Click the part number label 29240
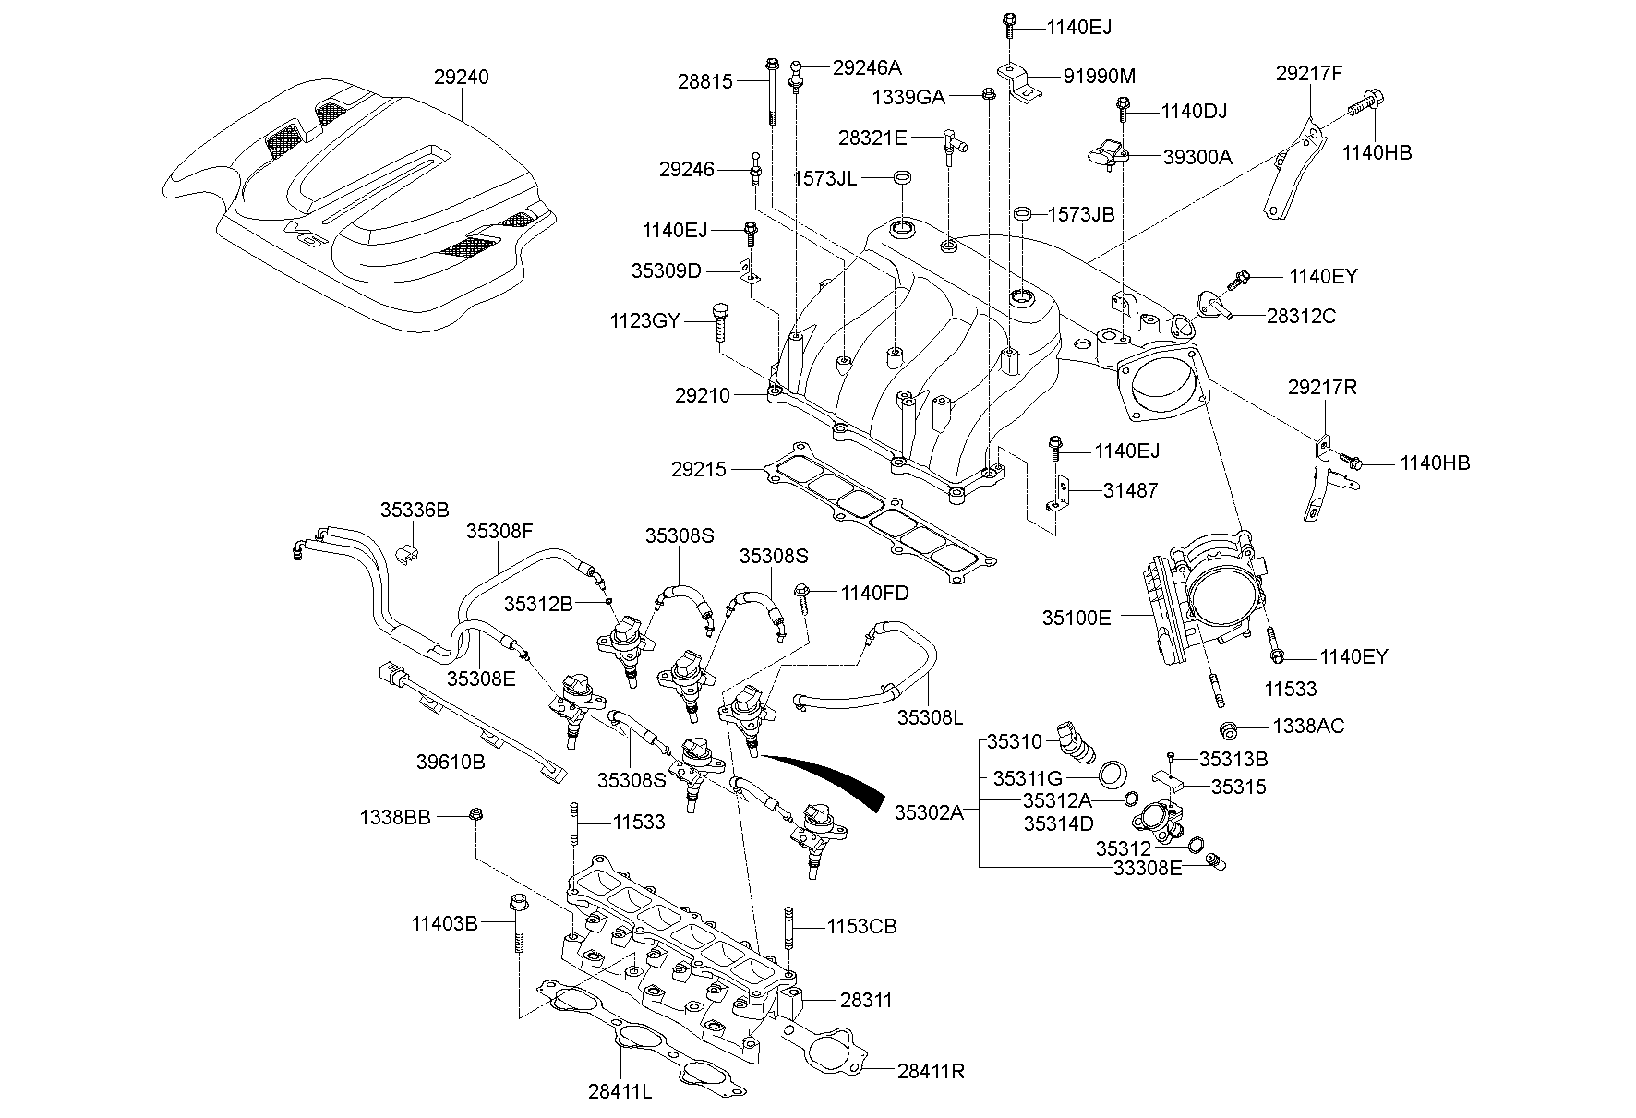coord(461,78)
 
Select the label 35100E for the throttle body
coord(1077,619)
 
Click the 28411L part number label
coord(620,1091)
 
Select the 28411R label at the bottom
coord(931,1071)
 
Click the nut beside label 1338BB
coord(476,814)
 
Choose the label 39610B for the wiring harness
coord(451,762)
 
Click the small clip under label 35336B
coord(407,554)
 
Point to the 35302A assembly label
coord(928,812)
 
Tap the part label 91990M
coord(1089,76)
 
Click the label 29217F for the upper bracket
coord(1309,73)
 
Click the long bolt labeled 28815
coord(770,92)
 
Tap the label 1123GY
coord(644,321)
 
